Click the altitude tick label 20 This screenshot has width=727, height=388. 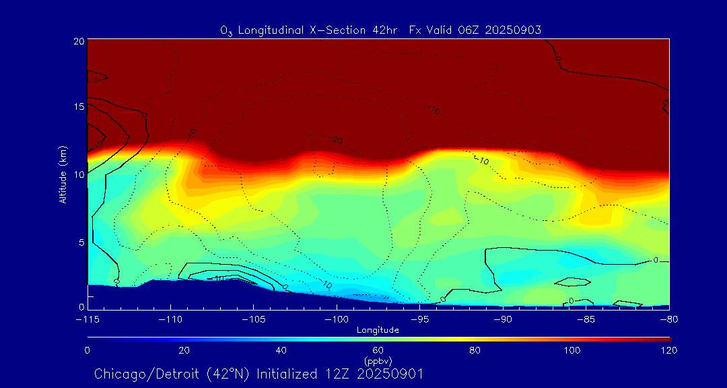point(78,41)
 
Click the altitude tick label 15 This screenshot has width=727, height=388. point(78,106)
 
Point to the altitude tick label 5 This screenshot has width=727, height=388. point(80,242)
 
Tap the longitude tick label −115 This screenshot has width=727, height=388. point(88,319)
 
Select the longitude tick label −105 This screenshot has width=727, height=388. point(253,319)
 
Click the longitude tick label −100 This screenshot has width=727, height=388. point(336,319)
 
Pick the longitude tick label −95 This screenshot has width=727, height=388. point(419,319)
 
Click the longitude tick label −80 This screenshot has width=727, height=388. point(668,319)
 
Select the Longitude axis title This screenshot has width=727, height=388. point(378,330)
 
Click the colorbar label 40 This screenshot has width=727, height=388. point(281,350)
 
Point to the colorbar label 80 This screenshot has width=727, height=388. point(476,350)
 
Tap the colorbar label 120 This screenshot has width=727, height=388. point(670,350)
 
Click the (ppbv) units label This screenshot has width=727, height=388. point(378,360)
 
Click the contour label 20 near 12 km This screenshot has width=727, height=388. point(337,141)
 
